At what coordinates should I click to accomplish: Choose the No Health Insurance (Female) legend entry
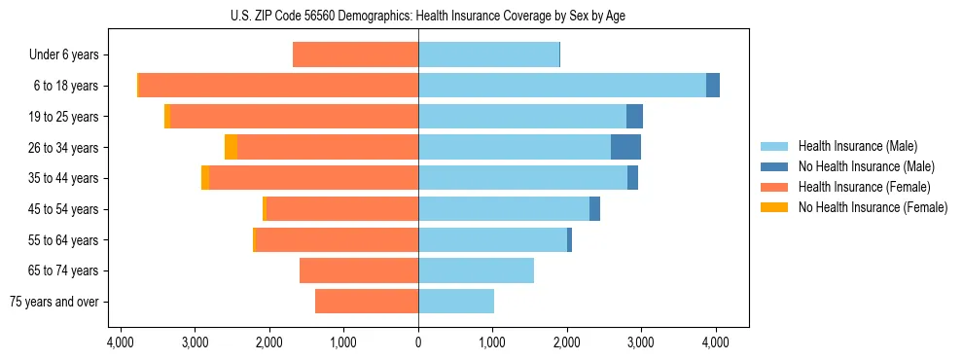pos(872,207)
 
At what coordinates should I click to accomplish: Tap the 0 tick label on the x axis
pos(418,342)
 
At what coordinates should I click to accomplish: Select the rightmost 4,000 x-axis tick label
pos(716,342)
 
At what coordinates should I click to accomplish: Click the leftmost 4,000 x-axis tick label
pos(121,342)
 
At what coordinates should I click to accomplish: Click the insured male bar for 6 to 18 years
pos(562,86)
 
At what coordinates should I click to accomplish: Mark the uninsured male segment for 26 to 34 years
pos(625,147)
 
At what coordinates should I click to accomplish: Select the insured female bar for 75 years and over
pos(367,302)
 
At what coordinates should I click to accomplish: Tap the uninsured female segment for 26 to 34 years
pos(231,147)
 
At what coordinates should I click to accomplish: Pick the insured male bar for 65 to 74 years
pos(476,270)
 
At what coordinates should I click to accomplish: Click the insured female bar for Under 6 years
pos(355,55)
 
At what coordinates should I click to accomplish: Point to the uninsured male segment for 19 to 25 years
pos(634,117)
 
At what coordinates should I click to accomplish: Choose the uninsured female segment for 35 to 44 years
pos(205,178)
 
